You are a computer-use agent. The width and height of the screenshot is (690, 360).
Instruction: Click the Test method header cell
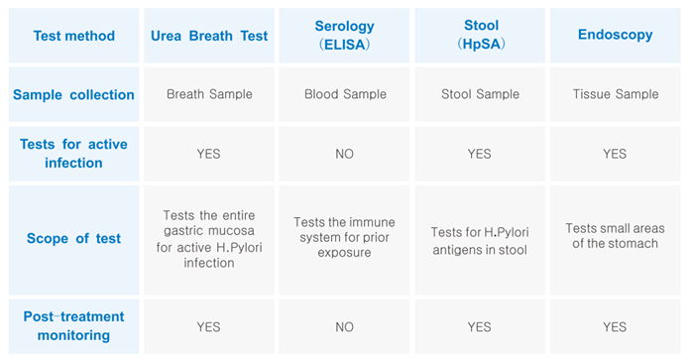pos(73,36)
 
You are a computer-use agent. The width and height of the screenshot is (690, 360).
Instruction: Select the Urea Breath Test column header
pos(209,36)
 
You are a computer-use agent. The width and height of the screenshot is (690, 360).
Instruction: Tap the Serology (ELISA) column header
pos(344,36)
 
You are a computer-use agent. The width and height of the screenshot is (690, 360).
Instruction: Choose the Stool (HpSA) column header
pos(479,36)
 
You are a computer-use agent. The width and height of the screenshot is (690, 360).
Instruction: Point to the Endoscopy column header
pos(615,36)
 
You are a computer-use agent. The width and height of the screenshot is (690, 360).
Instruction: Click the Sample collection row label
pos(73,95)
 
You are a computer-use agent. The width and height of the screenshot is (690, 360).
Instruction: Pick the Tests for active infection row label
pos(73,154)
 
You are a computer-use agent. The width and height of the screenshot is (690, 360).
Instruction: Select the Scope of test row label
pos(73,238)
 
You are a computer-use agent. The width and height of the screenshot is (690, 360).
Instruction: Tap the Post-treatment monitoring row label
pos(73,326)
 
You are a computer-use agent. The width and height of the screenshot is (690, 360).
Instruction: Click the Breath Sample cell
pos(209,95)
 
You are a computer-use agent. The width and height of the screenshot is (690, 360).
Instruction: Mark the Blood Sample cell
pos(344,95)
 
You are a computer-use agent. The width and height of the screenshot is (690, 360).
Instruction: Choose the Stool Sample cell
pos(479,95)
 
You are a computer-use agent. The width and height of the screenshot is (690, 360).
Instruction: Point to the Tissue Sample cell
pos(615,95)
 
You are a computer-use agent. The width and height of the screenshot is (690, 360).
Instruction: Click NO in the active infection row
pos(344,154)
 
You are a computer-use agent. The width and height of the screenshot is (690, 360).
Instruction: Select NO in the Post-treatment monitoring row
pos(344,326)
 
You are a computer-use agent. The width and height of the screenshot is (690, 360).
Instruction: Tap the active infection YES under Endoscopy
pos(615,154)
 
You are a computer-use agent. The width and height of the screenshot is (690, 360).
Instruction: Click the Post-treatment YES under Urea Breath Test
pos(209,326)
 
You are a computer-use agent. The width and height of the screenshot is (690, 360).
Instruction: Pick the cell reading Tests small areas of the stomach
pos(615,236)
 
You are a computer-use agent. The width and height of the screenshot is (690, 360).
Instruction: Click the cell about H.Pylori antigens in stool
pos(479,240)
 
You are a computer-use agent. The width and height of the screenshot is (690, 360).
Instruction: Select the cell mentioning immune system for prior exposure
pos(344,238)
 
